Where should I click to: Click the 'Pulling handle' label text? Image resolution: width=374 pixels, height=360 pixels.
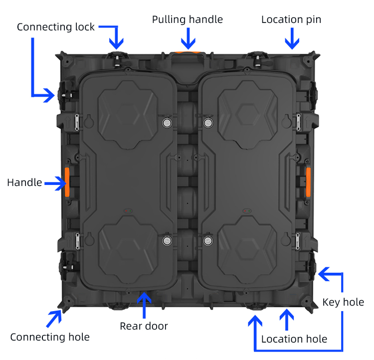tap(187, 19)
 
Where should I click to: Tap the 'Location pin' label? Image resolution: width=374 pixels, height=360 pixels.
tap(291, 19)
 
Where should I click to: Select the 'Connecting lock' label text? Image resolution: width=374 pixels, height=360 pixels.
tap(56, 27)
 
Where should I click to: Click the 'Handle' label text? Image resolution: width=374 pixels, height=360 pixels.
tap(24, 182)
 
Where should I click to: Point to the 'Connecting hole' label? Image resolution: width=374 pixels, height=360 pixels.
tap(50, 337)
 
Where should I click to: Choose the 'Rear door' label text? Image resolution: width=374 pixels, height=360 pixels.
tap(144, 326)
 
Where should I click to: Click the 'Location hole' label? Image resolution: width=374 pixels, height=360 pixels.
tap(294, 339)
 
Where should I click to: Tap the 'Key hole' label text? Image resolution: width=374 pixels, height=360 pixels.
tap(343, 302)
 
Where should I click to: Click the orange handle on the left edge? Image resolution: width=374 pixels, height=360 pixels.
tap(67, 182)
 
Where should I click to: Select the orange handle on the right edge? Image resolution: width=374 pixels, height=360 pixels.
tap(308, 182)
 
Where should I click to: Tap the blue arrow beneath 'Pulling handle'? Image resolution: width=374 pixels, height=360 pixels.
tap(188, 38)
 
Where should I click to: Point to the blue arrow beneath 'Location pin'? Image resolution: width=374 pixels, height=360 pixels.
tap(292, 38)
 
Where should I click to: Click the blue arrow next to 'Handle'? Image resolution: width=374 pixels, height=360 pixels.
tap(56, 183)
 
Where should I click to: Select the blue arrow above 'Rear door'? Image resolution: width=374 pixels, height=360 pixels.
tap(144, 305)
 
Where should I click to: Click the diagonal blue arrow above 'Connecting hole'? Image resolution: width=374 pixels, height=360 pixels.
tap(54, 318)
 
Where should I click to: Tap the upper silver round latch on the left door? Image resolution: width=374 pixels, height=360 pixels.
tap(167, 123)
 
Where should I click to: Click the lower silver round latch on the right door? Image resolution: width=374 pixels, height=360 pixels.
tap(208, 241)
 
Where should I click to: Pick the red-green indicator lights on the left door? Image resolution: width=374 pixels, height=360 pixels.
tap(128, 211)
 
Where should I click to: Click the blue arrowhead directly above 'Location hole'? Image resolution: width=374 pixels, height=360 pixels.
tap(287, 315)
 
